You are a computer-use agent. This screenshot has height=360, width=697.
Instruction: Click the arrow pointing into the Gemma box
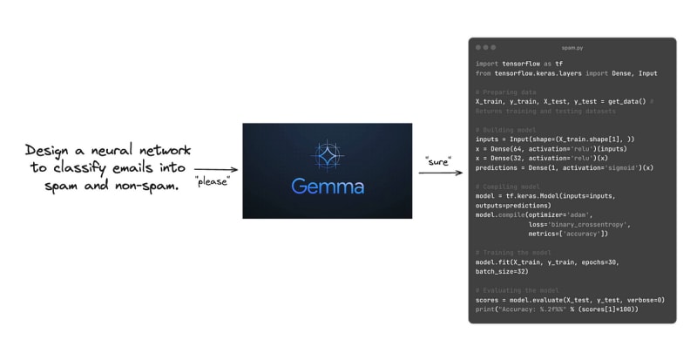pyautogui.click(x=216, y=170)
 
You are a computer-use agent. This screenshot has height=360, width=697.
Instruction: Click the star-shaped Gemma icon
pyautogui.click(x=315, y=154)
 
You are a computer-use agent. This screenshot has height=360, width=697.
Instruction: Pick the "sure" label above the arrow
pyautogui.click(x=438, y=161)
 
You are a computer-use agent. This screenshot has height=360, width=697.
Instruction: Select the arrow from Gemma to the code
pyautogui.click(x=441, y=173)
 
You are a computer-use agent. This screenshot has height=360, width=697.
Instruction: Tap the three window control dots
pyautogui.click(x=485, y=47)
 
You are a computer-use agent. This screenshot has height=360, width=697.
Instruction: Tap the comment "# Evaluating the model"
pyautogui.click(x=518, y=290)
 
